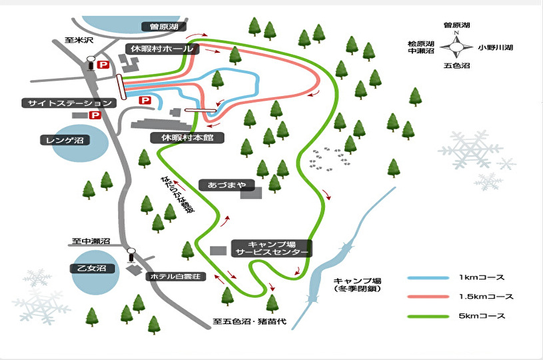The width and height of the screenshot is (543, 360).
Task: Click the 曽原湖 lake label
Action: tap(164, 27)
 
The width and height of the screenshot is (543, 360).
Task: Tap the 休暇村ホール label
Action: tap(162, 49)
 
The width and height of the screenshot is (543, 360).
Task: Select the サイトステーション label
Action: tap(69, 103)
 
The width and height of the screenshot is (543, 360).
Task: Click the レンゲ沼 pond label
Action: tap(65, 140)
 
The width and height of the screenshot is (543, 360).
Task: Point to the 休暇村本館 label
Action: tap(187, 137)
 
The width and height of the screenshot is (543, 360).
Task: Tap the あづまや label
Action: tap(227, 185)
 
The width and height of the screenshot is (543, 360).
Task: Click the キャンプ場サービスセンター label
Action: tap(272, 249)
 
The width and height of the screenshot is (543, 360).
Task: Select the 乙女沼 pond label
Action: tap(91, 268)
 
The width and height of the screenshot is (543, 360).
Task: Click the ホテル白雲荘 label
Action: tap(176, 277)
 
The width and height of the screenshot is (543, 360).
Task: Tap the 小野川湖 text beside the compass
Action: tap(495, 47)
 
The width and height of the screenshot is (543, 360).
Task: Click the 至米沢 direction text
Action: tap(79, 40)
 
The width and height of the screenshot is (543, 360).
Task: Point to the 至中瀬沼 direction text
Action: tap(91, 241)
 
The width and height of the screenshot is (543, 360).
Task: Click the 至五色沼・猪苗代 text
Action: tap(249, 321)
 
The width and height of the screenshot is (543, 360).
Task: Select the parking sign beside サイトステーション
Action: tap(95, 115)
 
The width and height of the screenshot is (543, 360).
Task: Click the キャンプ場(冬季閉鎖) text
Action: tap(357, 285)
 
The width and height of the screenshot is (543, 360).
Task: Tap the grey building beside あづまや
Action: tap(251, 193)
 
